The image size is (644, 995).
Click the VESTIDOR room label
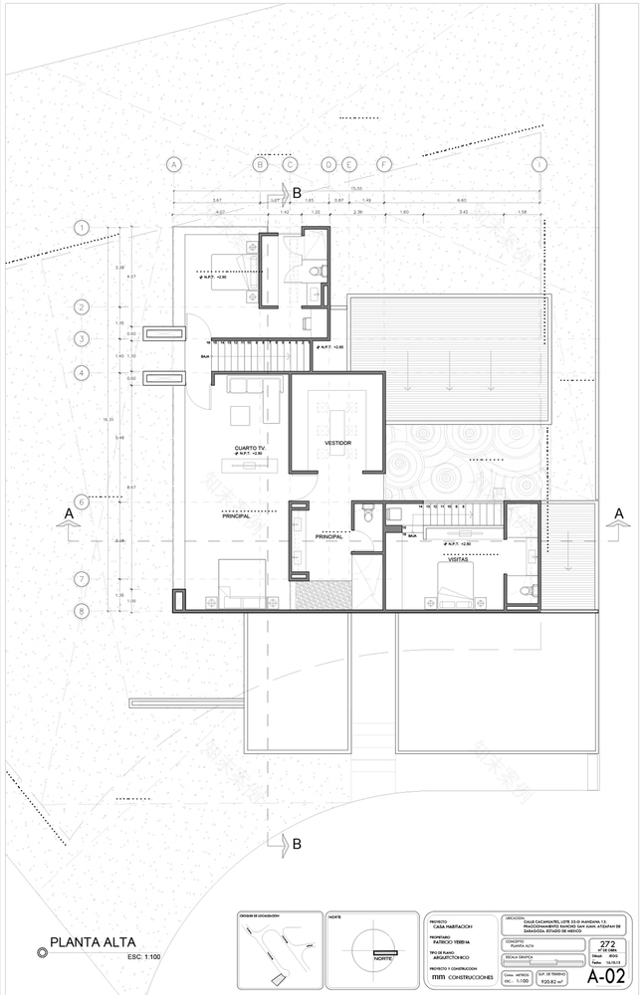coord(337,443)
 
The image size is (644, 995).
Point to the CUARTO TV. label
coord(250,449)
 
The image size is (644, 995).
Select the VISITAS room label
coord(459,560)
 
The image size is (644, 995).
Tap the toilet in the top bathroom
coord(318,270)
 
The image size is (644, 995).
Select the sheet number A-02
coord(605,976)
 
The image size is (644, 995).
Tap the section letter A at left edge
coord(67,512)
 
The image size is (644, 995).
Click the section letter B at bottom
coord(296,845)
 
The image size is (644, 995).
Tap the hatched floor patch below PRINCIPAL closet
coord(322,595)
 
